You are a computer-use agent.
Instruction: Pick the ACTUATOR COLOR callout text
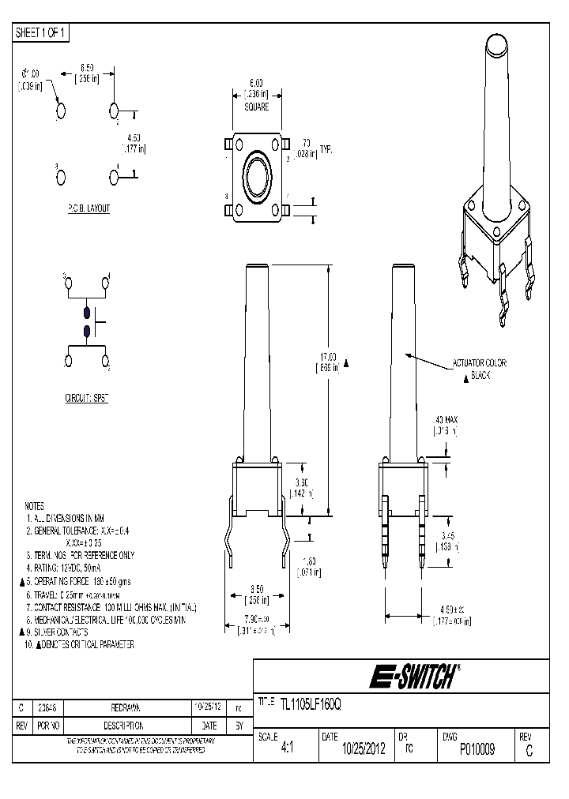[481, 362]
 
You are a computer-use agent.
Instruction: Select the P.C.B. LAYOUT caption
[88, 208]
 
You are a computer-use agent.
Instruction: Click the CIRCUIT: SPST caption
[86, 399]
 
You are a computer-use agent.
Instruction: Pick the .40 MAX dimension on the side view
[445, 419]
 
